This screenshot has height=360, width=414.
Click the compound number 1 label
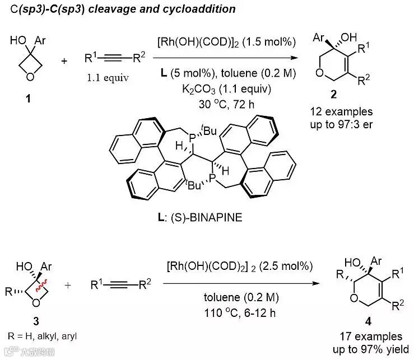[x=27, y=99]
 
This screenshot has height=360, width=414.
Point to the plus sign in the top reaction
[x=63, y=60]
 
